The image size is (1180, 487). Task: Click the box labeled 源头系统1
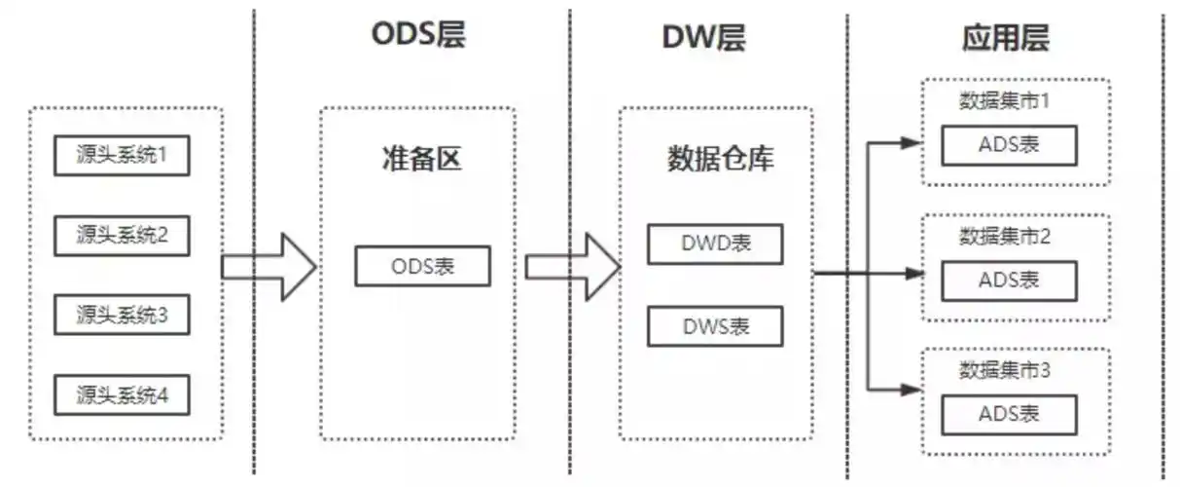point(122,155)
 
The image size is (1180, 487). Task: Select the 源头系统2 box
point(122,235)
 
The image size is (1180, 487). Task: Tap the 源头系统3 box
point(122,315)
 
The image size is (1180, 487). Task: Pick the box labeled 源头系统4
point(122,394)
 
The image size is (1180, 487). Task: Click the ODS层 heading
point(418,35)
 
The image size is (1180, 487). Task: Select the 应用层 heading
point(1005,38)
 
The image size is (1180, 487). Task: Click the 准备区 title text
point(420,159)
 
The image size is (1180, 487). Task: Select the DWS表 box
point(715,326)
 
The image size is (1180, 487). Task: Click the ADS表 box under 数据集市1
point(1009,145)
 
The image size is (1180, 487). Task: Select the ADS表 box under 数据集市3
point(1009,414)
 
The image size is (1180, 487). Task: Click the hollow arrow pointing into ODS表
point(269,266)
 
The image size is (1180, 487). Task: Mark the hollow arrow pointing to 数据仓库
point(573,266)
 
